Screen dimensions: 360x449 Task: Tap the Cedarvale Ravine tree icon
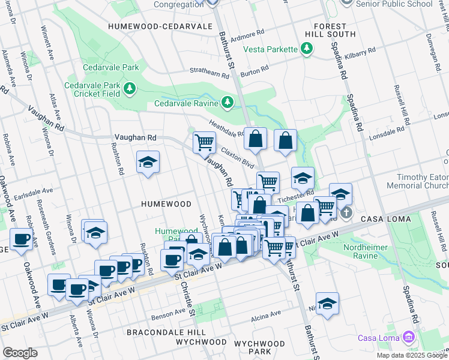pos(227,103)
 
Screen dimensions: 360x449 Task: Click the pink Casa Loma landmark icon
pos(409,337)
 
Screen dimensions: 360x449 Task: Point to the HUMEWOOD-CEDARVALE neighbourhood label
pos(160,27)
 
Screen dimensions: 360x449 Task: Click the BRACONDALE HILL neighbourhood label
pos(158,332)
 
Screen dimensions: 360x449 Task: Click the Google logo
pos(20,352)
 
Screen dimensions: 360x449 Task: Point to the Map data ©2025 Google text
pos(411,355)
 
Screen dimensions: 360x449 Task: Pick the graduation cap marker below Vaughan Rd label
pos(148,162)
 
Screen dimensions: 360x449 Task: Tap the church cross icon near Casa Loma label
pos(346,213)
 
